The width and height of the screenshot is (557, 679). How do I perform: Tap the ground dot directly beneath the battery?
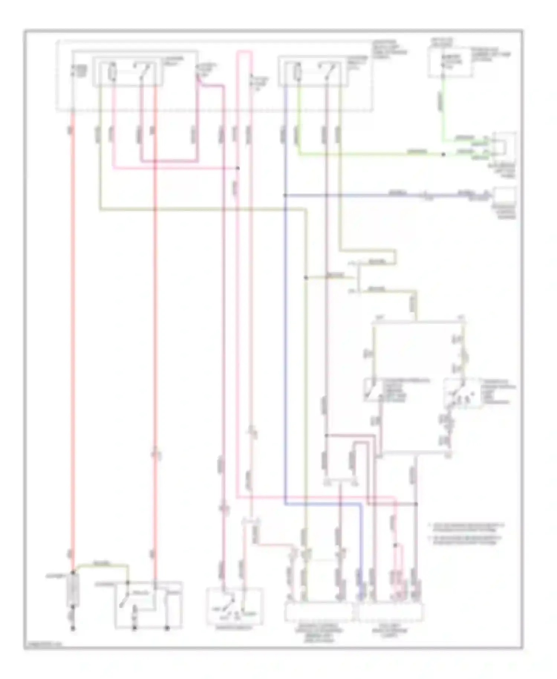73,628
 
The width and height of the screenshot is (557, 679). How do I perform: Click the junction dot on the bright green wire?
443,154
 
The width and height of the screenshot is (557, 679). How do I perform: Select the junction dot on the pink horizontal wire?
238,168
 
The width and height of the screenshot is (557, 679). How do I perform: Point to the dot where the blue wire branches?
285,195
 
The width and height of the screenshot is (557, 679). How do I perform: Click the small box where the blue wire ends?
504,195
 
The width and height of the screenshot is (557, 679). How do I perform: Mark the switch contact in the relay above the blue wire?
329,71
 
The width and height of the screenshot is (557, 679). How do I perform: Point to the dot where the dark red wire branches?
326,435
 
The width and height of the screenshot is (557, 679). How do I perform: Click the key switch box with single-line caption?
234,607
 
